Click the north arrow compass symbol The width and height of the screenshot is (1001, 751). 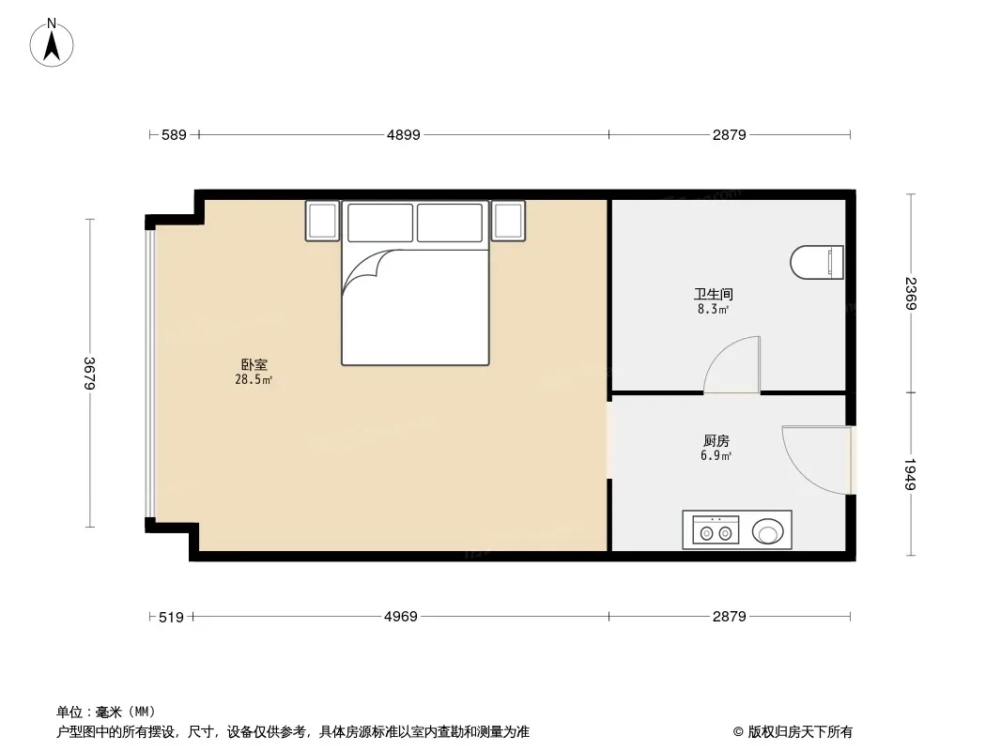(52, 43)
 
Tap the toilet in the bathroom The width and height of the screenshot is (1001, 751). (817, 262)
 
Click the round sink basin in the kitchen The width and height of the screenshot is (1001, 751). (767, 531)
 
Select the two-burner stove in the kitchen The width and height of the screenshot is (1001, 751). (716, 530)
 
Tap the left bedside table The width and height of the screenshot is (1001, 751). (322, 221)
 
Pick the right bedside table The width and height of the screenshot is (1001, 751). (508, 221)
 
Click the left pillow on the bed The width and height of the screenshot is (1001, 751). (380, 222)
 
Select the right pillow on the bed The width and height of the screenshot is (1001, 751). (450, 222)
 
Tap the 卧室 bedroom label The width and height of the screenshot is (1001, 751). (254, 364)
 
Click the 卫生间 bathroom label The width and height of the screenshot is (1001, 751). (713, 294)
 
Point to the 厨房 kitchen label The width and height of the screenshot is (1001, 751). (716, 441)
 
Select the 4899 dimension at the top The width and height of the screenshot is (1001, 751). (404, 134)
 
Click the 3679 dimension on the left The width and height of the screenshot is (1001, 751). (89, 374)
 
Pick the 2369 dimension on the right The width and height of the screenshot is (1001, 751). (911, 294)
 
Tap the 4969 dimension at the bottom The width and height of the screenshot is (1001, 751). (401, 617)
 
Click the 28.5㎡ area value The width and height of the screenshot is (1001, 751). (254, 379)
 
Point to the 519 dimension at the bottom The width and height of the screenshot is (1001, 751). (171, 617)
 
